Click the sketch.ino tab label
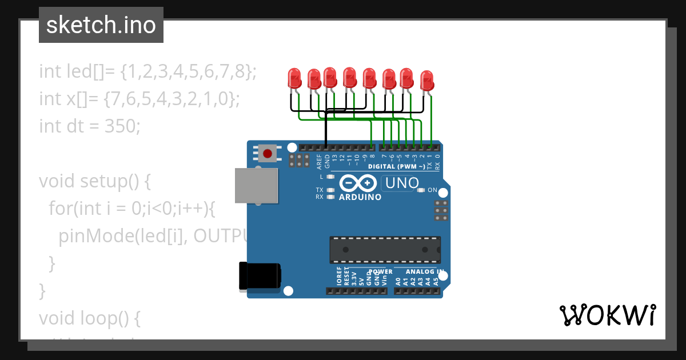[x=101, y=25]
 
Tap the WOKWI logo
[x=607, y=315]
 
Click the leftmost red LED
[x=294, y=78]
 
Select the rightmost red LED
[x=427, y=80]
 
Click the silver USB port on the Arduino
[x=256, y=185]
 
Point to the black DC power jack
[x=259, y=275]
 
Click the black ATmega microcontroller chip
[x=385, y=249]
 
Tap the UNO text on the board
[x=402, y=183]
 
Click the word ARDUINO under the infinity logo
[x=360, y=197]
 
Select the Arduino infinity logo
[x=358, y=183]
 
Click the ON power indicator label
[x=432, y=190]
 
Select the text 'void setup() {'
[x=95, y=181]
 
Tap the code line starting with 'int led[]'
[x=147, y=71]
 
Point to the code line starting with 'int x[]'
[x=139, y=98]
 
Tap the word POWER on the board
[x=381, y=272]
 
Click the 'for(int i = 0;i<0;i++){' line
[x=131, y=209]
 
